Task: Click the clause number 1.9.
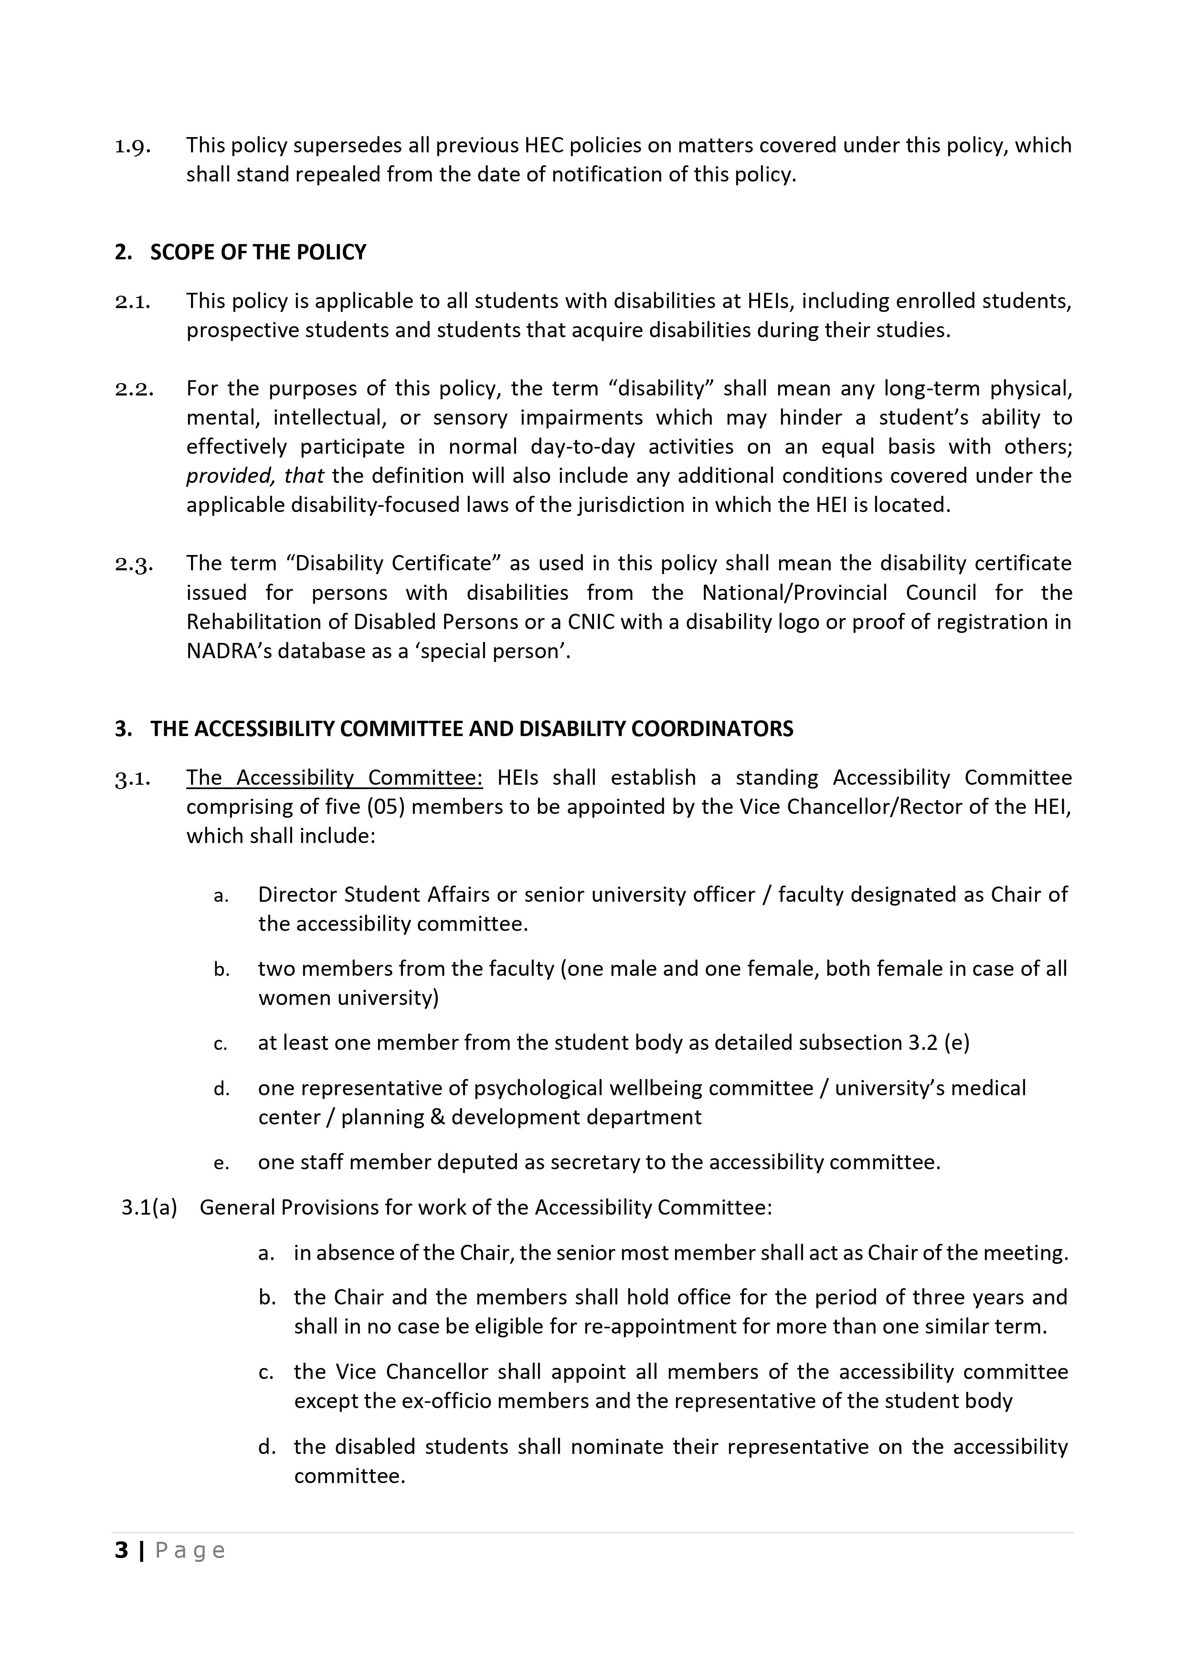tap(132, 146)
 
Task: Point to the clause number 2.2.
tap(134, 389)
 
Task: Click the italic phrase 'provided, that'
tap(254, 476)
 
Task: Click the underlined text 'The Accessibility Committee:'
tap(334, 777)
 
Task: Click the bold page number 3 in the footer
tap(121, 1550)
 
